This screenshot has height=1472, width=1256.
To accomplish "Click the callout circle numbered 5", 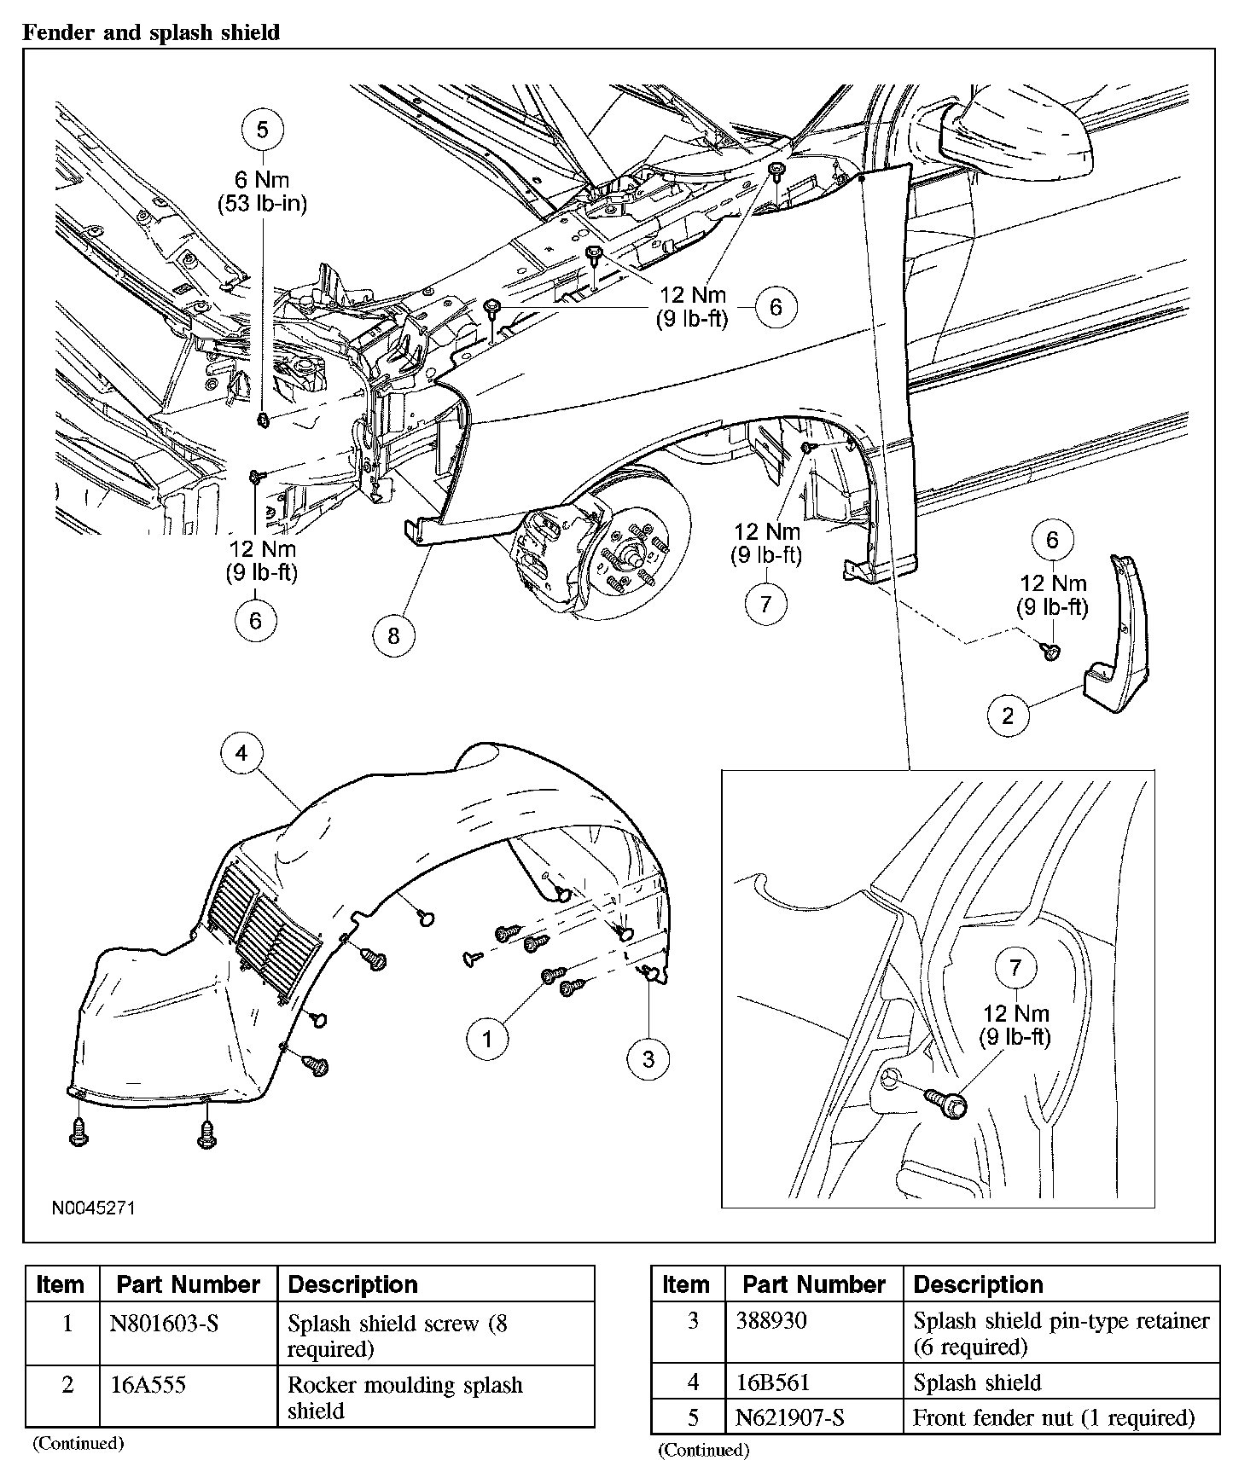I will pyautogui.click(x=262, y=130).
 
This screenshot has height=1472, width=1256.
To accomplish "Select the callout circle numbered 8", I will pyautogui.click(x=393, y=635).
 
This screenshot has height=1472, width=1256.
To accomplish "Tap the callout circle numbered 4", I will pyautogui.click(x=242, y=753).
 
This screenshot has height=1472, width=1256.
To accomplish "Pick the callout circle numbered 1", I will pyautogui.click(x=488, y=1038).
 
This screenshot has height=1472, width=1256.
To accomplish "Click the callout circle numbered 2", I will pyautogui.click(x=1008, y=715).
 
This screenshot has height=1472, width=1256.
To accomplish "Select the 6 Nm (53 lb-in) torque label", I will pyautogui.click(x=262, y=192).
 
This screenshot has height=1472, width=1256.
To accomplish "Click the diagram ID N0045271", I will pyautogui.click(x=94, y=1208).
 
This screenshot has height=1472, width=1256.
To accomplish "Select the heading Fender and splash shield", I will pyautogui.click(x=150, y=33).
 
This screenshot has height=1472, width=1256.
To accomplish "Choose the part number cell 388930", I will pyautogui.click(x=771, y=1321).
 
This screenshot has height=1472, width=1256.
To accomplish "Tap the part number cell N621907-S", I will pyautogui.click(x=790, y=1417).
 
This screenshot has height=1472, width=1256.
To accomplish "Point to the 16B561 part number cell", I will pyautogui.click(x=773, y=1382).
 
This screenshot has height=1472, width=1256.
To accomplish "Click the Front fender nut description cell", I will pyautogui.click(x=1053, y=1417).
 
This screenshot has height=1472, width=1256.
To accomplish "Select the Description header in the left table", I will pyautogui.click(x=353, y=1284).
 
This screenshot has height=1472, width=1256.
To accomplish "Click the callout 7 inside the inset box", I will pyautogui.click(x=1015, y=967).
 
